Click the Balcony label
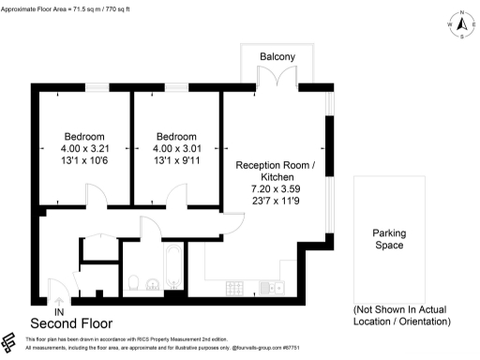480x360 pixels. tap(277, 57)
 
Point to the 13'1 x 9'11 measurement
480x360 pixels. tap(176, 160)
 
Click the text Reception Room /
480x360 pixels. tap(275, 164)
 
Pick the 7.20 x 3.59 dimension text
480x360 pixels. tap(275, 188)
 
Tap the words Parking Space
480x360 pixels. tap(387, 239)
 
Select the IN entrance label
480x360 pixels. tap(59, 310)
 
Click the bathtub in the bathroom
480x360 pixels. tap(172, 268)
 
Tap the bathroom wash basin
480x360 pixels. tap(153, 282)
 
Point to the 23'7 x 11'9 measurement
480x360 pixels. tap(275, 201)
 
